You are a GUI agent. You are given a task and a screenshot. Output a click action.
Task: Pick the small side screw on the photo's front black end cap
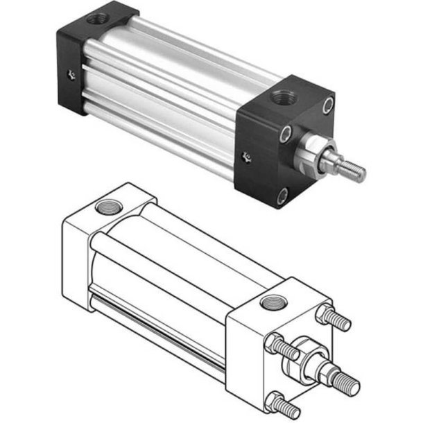(x=245, y=157)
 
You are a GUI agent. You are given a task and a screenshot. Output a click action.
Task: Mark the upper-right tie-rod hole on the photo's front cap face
(x=328, y=105)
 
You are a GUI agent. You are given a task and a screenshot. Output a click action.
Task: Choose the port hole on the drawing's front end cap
(x=270, y=302)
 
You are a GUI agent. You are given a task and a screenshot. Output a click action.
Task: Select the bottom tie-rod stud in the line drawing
(x=286, y=403)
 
